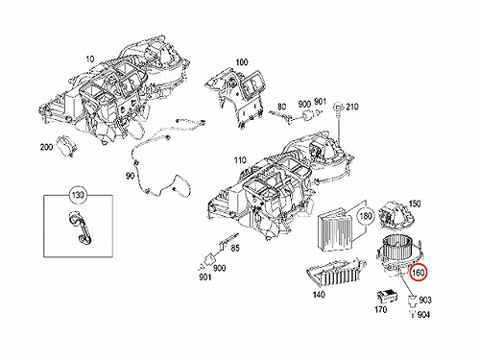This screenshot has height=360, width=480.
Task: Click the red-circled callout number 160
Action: pos(419,273)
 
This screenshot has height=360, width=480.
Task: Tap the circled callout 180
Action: pos(366,216)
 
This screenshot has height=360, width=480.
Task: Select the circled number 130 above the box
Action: pos(78,195)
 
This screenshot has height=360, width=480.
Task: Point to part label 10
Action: pos(90,60)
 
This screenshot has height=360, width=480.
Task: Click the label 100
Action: pos(242,62)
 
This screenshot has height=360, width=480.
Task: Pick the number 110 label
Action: pos(240,160)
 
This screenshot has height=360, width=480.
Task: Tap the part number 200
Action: pos(46,147)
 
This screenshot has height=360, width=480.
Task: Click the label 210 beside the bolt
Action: pos(352,107)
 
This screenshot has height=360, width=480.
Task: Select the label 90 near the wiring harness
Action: pos(130,176)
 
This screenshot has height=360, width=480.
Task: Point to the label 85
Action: pos(235,248)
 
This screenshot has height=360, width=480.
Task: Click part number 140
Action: pos(319,294)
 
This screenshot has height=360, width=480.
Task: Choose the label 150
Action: pos(415,204)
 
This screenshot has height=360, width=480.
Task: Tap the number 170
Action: pos(380,309)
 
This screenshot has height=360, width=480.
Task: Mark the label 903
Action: pos(425,300)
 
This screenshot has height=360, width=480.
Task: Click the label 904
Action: pos(423,315)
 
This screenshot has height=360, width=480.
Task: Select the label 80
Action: pos(281,107)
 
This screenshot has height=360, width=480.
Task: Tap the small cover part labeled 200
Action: pos(66,145)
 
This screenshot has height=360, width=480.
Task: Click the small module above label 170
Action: pos(388,296)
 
